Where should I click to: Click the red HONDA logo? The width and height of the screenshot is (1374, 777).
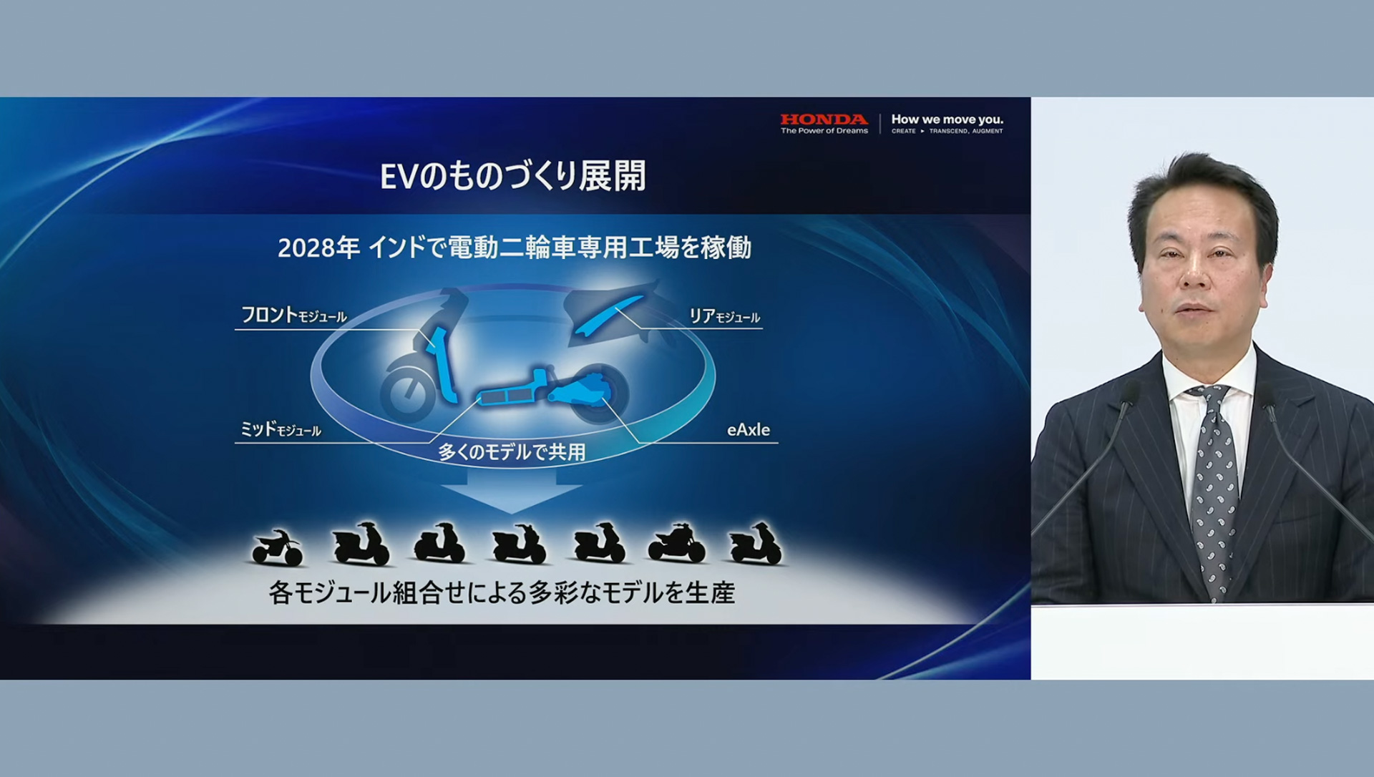pos(824,119)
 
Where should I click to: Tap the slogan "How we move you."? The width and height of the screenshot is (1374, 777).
pos(947,119)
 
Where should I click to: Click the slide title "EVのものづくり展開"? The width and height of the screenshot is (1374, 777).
pos(512,176)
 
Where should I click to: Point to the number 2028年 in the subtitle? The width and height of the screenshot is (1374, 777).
pos(318,248)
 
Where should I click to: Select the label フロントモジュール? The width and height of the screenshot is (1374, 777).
pos(293,315)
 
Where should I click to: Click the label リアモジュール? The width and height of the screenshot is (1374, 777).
pos(723,316)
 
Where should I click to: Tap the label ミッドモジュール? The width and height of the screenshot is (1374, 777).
pos(280,429)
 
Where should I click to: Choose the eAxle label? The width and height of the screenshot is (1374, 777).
pos(748,430)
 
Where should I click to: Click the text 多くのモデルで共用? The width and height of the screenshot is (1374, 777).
pos(512,452)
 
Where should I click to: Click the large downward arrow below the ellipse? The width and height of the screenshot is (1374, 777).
pos(511,494)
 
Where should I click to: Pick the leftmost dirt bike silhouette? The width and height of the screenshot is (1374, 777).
pos(277,548)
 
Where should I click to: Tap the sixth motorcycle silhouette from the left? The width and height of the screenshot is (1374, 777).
pos(676,544)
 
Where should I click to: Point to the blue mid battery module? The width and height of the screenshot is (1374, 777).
pos(505,396)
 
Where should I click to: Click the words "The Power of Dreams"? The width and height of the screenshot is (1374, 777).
pos(824,131)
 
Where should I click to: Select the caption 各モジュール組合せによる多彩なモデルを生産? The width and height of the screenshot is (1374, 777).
pos(502,593)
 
